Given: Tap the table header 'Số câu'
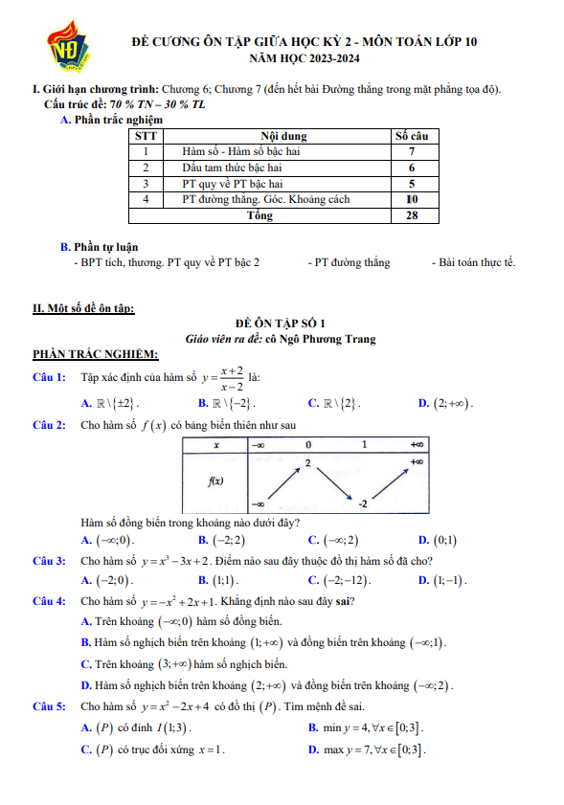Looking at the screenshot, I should (x=411, y=137).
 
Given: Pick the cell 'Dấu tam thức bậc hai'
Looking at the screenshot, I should (x=239, y=168).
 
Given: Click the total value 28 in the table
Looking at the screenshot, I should (x=411, y=216).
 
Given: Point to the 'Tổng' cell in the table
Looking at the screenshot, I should (x=259, y=216).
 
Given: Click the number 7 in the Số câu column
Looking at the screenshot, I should (x=411, y=152).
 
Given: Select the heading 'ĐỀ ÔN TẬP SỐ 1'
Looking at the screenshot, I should (x=281, y=324).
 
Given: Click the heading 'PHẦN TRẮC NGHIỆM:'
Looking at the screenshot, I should (x=82, y=355).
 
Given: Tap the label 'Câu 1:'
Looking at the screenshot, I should (x=49, y=378).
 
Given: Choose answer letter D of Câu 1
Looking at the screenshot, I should (x=423, y=404).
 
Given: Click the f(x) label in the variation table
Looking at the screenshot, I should (x=216, y=481).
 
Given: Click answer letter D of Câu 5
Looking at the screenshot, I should (x=313, y=749).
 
